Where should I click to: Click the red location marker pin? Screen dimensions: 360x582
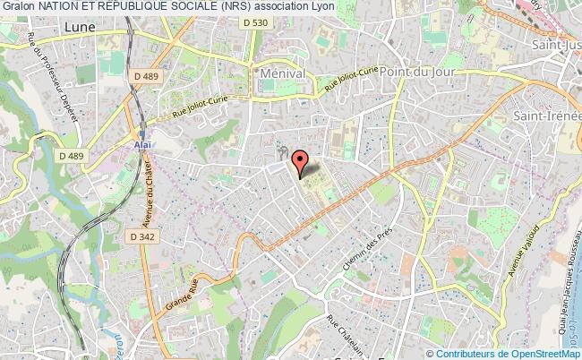click(301, 162)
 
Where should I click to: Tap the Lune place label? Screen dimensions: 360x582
click(80, 28)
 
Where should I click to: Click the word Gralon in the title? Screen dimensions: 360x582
click(17, 8)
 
